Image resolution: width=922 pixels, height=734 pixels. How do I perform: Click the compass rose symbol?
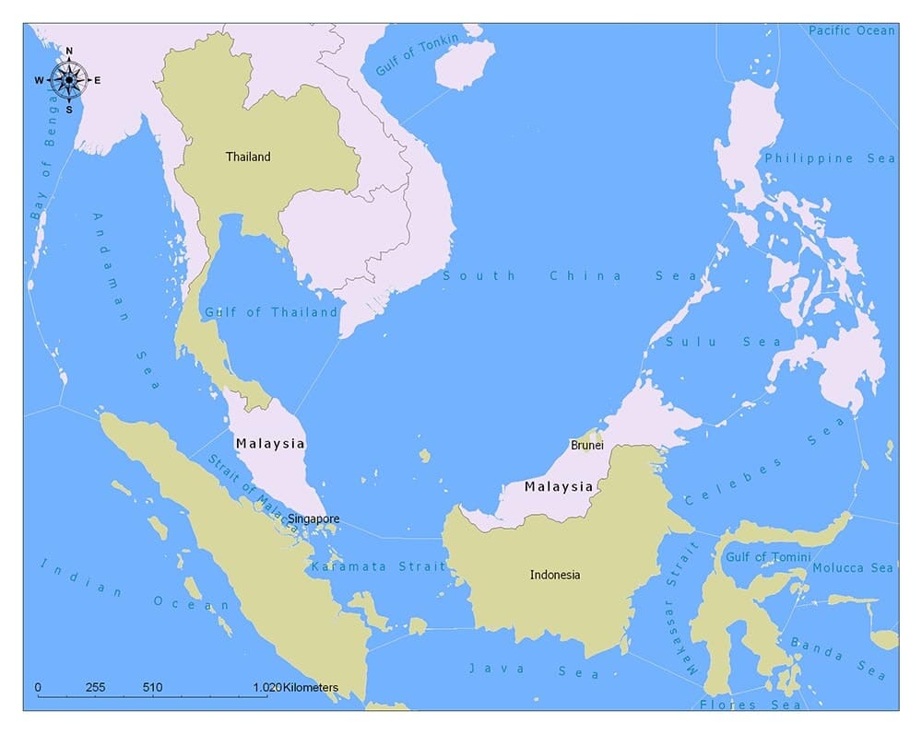(x=68, y=79)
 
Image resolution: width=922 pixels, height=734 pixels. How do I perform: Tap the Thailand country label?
(x=248, y=157)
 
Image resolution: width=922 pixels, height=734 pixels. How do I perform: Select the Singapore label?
(x=313, y=519)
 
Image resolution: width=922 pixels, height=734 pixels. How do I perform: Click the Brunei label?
(x=587, y=445)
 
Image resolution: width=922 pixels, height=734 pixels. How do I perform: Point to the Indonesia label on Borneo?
(x=555, y=575)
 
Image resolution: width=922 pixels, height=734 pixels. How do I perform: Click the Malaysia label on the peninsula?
(x=269, y=443)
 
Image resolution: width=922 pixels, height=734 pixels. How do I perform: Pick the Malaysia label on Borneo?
(x=559, y=486)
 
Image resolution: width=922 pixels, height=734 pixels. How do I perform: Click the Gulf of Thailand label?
(x=271, y=312)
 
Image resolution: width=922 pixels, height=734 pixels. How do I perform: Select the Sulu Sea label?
(x=724, y=342)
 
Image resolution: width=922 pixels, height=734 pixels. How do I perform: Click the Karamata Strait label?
(x=378, y=566)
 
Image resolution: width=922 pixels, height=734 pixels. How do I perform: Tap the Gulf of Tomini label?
(x=768, y=557)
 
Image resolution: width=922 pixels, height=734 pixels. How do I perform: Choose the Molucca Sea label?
(x=853, y=568)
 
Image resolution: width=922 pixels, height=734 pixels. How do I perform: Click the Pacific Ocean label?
(x=851, y=30)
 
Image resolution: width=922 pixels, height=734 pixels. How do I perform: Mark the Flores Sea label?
(x=751, y=705)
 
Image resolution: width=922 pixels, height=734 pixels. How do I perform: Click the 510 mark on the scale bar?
(x=153, y=687)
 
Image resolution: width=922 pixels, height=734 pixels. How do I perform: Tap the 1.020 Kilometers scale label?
(x=295, y=687)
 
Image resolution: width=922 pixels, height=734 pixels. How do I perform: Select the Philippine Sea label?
(x=830, y=158)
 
